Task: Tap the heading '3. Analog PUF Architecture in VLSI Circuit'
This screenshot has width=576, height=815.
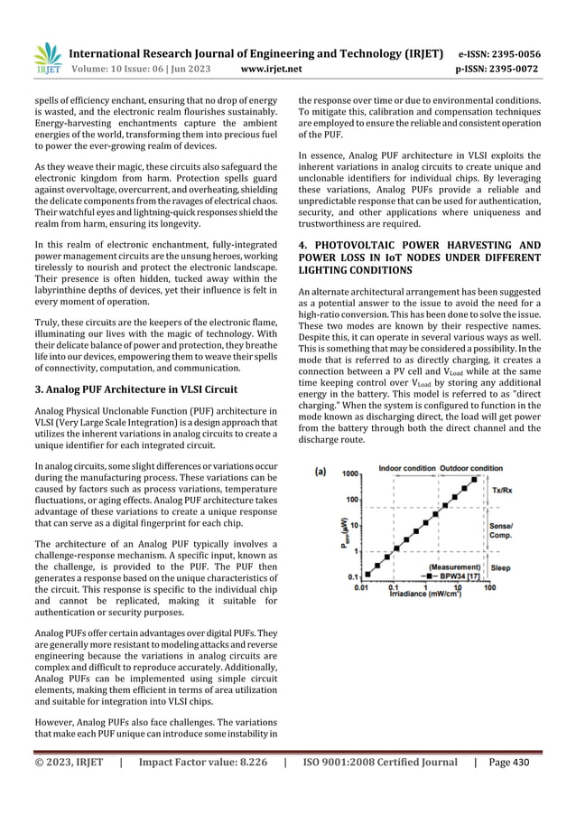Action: (136, 391)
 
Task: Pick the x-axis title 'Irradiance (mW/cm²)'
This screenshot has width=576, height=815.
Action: (422, 595)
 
